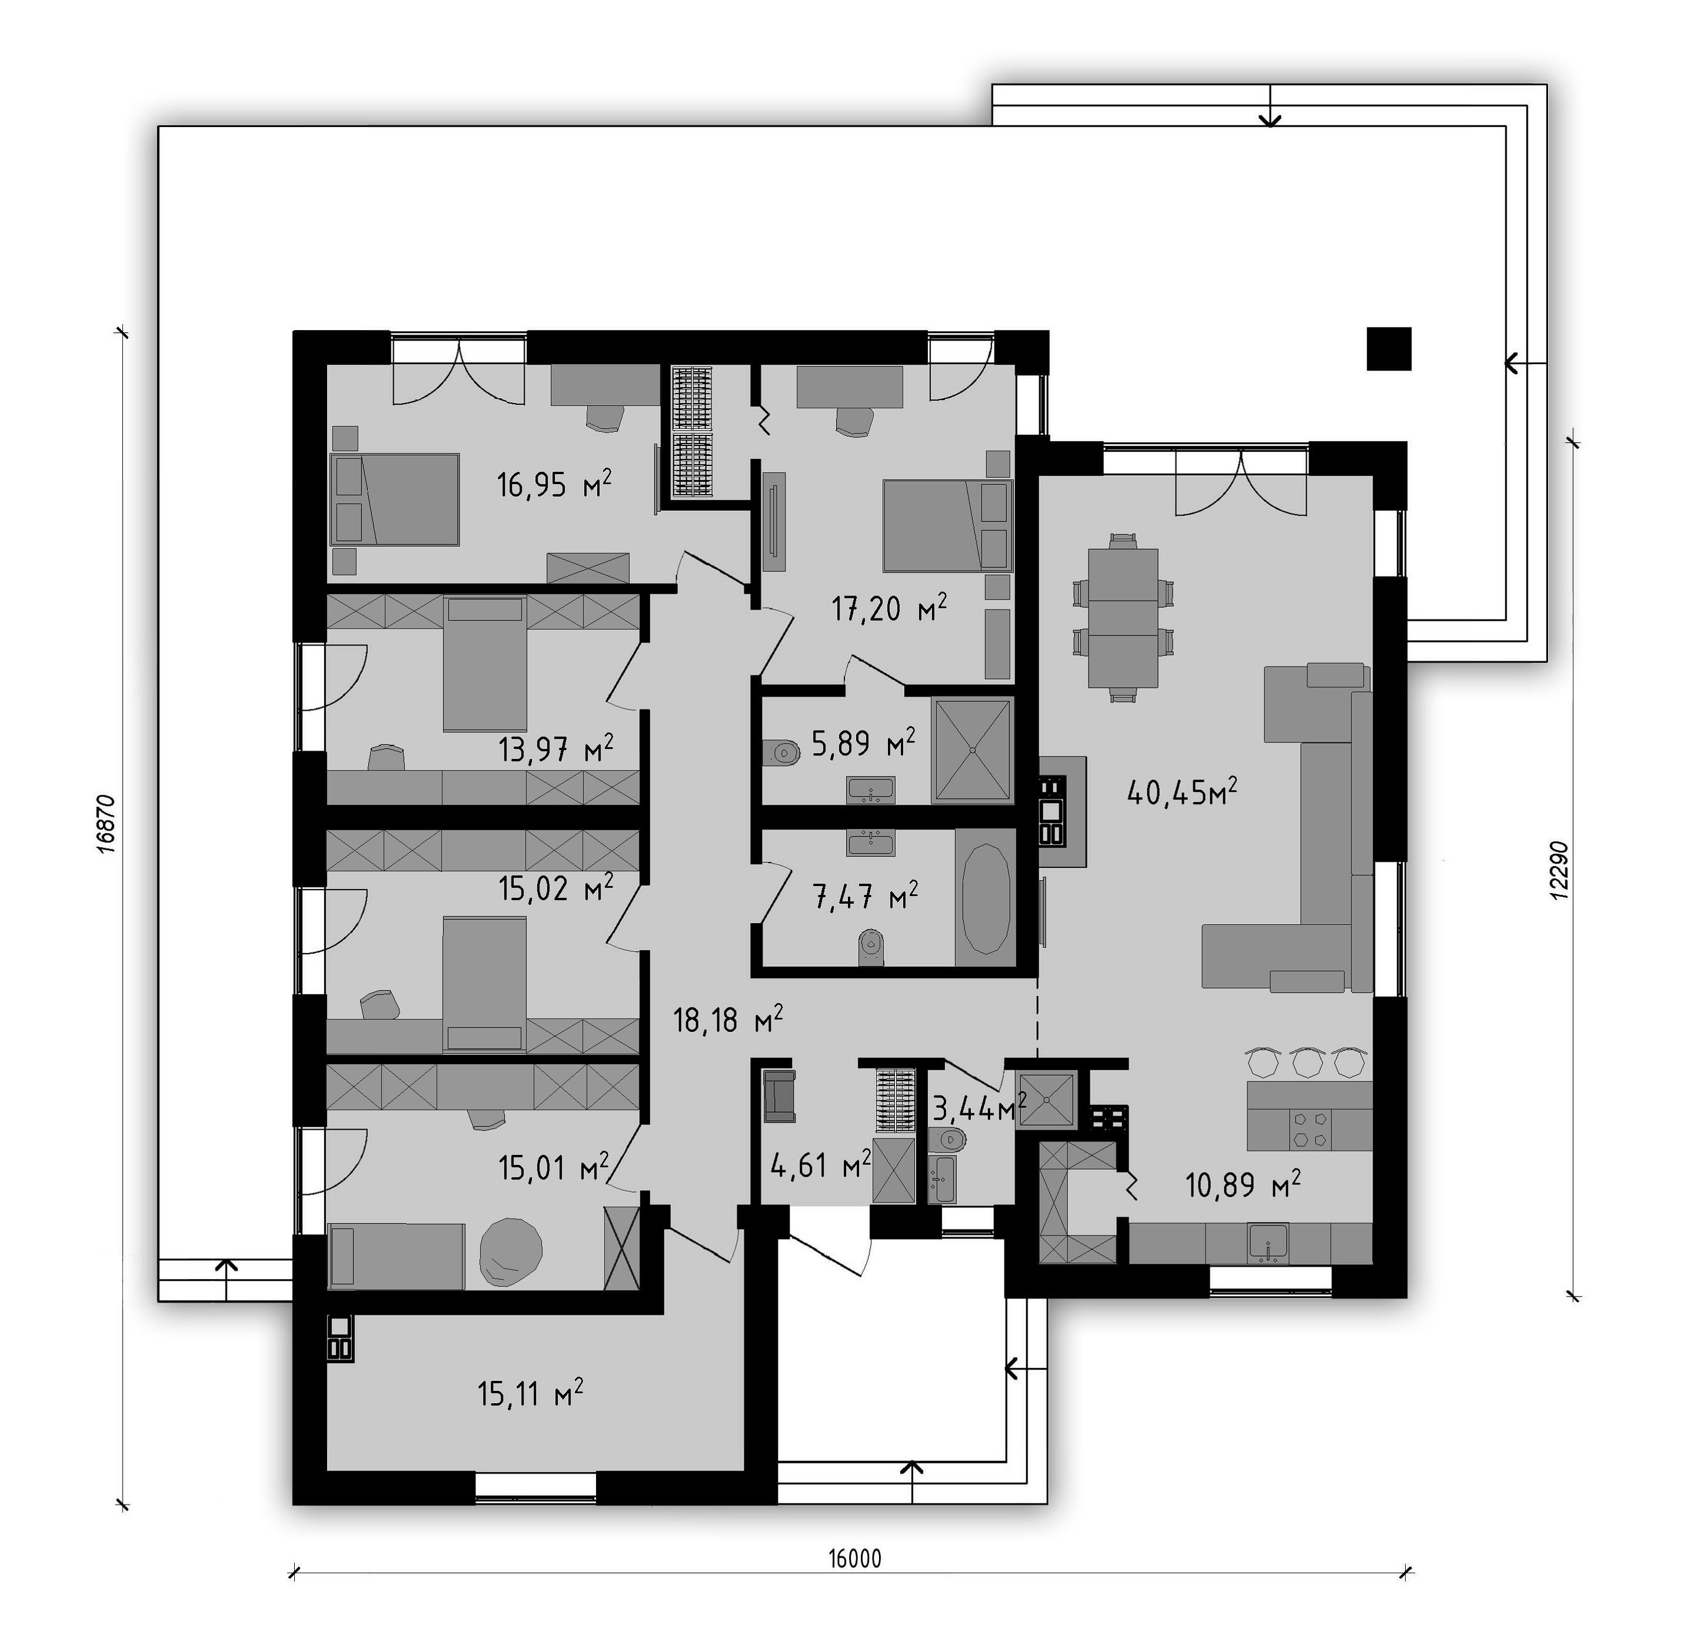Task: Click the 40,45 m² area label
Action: point(1182,791)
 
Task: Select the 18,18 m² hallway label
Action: point(728,1019)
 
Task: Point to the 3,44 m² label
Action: point(980,1108)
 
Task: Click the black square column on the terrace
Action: point(1389,349)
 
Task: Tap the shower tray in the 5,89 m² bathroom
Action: point(973,750)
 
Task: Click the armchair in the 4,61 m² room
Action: point(779,1095)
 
